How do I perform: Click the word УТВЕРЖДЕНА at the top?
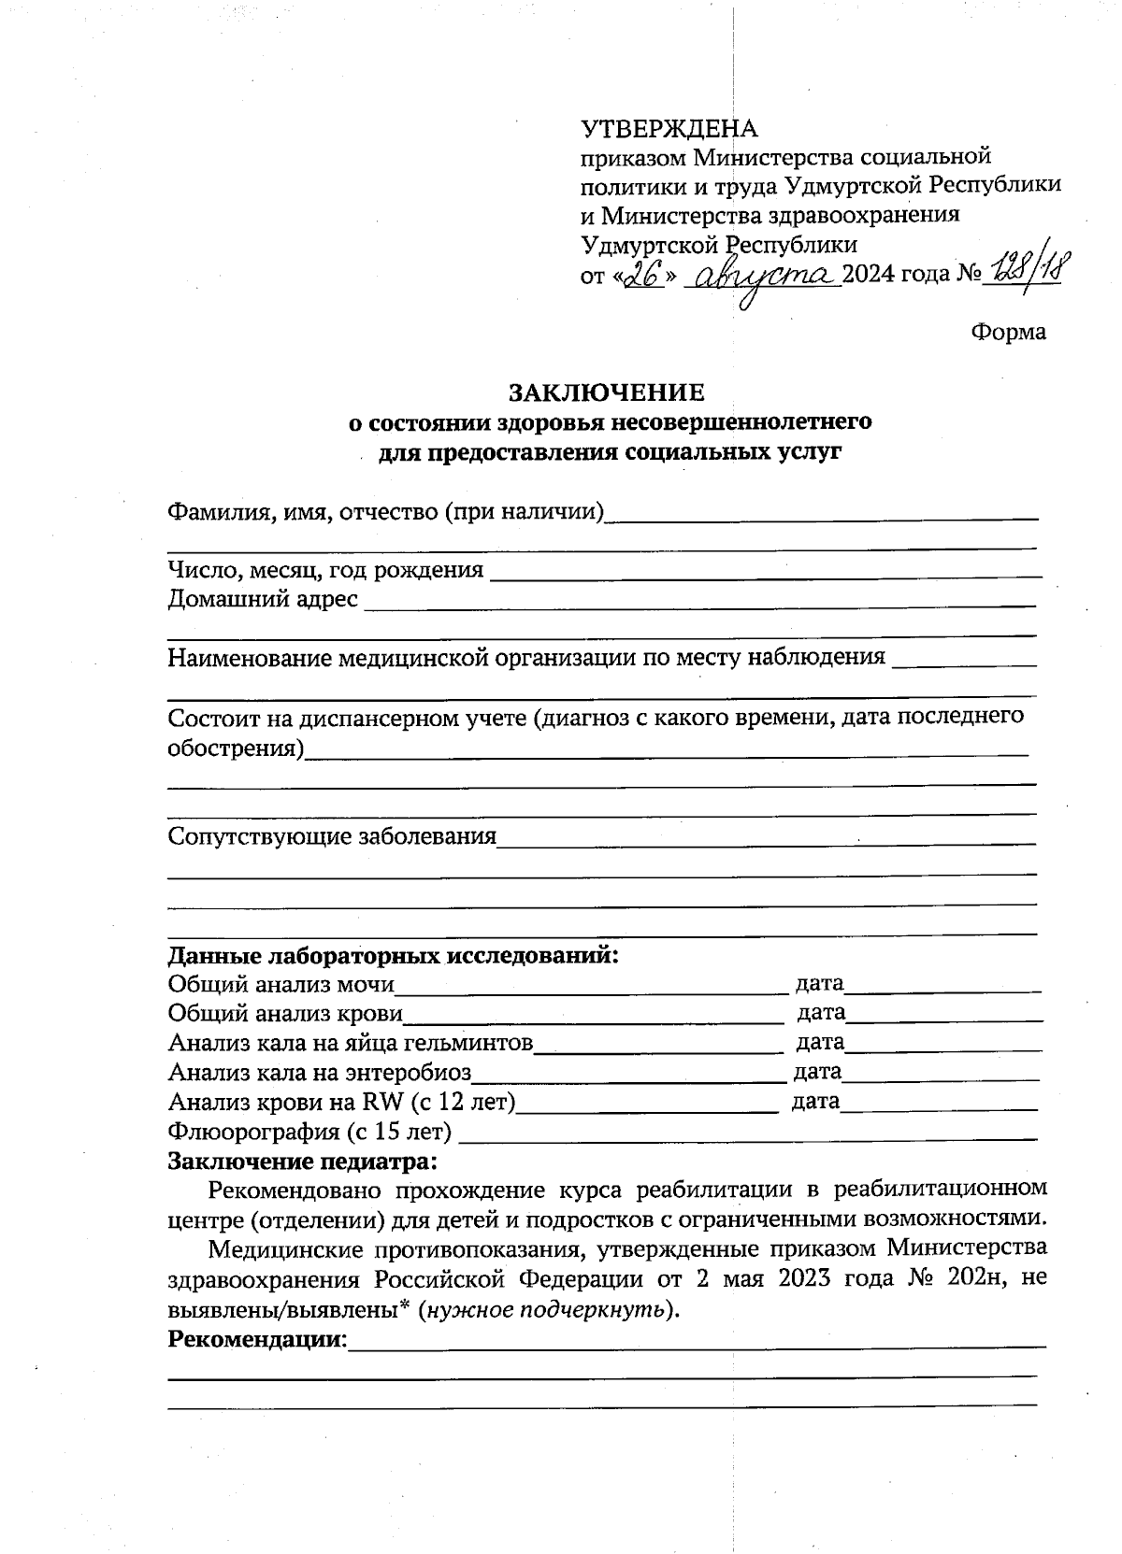coord(669,129)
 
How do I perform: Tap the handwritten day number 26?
coord(642,273)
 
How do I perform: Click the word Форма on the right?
coord(1009,332)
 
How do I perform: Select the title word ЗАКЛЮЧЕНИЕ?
coord(606,391)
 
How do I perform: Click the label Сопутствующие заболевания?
coord(331,836)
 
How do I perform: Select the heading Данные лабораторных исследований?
coord(393,957)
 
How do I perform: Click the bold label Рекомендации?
coord(256,1340)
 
